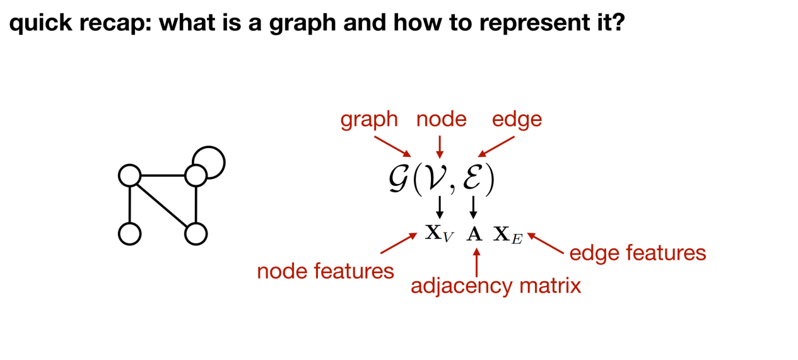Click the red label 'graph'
(369, 120)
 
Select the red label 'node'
(441, 119)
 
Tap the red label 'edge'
(517, 119)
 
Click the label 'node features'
(325, 271)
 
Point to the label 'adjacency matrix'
(495, 286)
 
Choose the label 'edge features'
(637, 253)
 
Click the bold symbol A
(474, 235)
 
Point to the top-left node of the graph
(129, 175)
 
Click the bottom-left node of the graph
(129, 233)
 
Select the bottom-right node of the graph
(196, 233)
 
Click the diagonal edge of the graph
(163, 205)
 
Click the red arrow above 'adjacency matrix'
(476, 262)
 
